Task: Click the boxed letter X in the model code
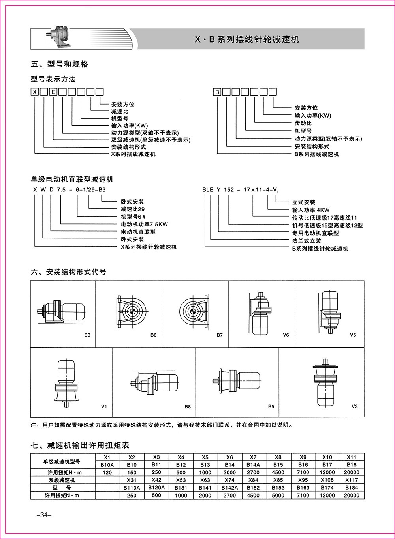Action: [35, 92]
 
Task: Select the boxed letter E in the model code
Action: [53, 92]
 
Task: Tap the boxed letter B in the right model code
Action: [217, 92]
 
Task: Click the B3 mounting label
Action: [87, 335]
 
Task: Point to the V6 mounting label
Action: [286, 335]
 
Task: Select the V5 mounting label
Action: [353, 335]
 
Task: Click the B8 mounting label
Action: [188, 406]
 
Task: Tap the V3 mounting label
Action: [354, 406]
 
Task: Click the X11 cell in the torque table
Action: [352, 457]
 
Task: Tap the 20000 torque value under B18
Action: [352, 472]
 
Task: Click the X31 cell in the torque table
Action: [132, 480]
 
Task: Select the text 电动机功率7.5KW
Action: [144, 224]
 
